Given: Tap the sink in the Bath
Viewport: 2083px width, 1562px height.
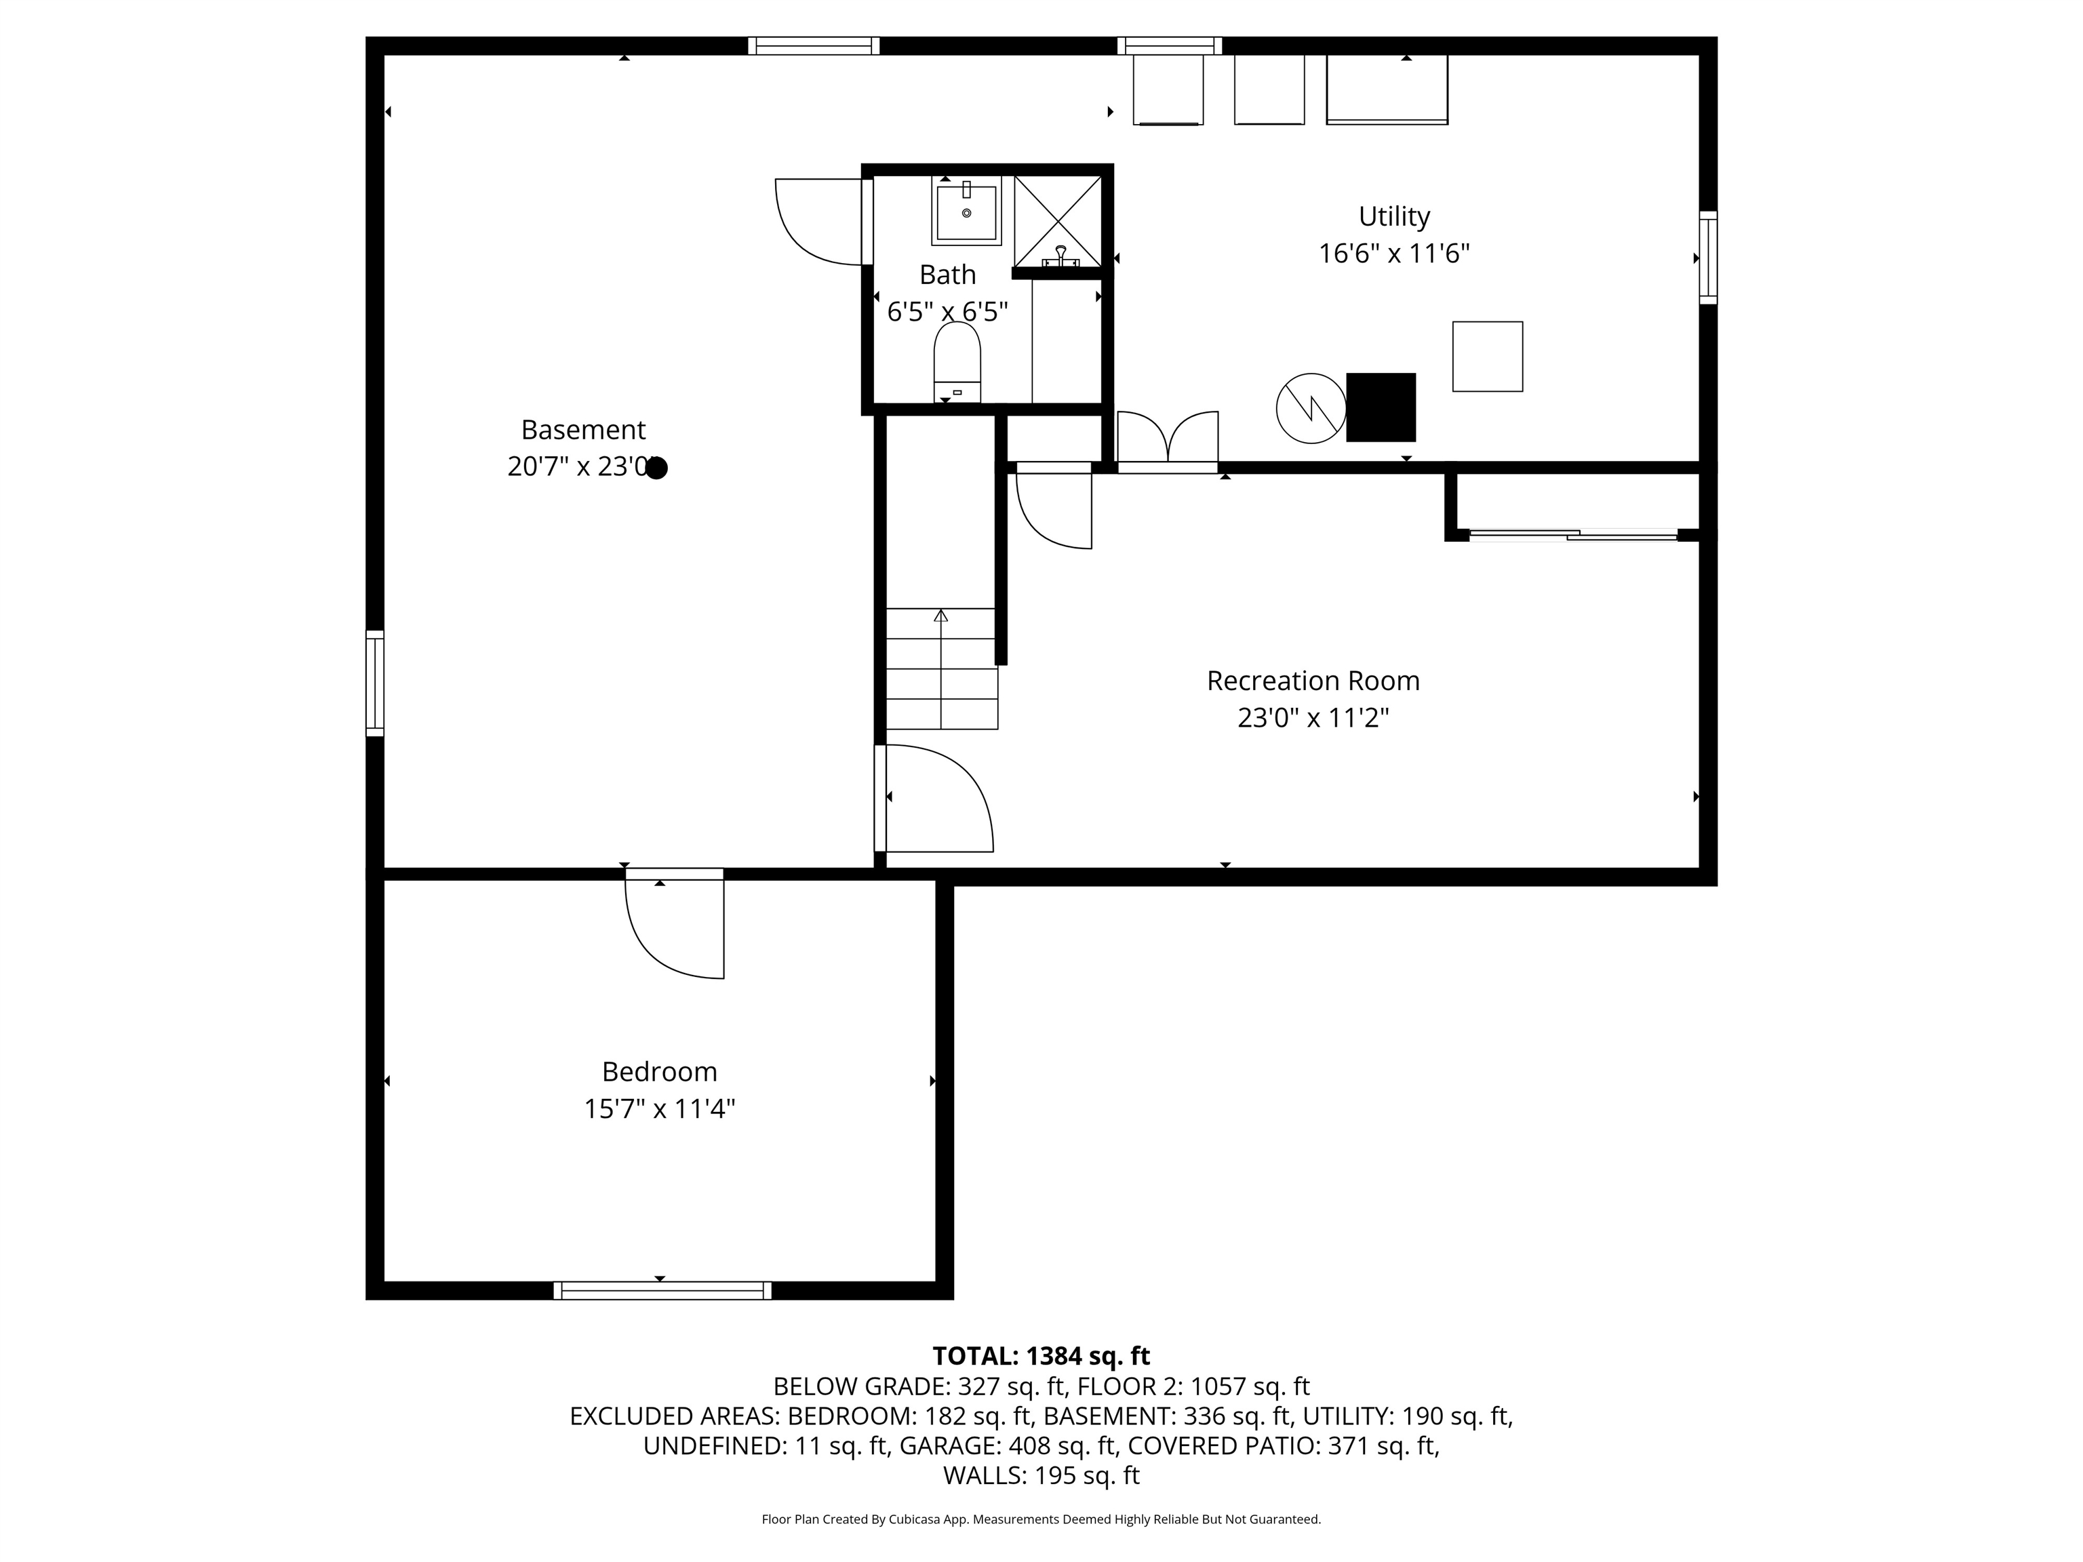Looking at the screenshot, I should (x=966, y=212).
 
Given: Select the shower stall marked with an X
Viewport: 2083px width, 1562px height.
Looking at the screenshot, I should (x=1058, y=220).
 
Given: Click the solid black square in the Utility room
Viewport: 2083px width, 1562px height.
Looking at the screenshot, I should (x=1381, y=407).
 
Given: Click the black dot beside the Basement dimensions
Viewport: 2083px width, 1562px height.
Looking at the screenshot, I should (x=656, y=468).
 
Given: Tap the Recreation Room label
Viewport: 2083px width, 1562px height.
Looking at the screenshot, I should (x=1313, y=681).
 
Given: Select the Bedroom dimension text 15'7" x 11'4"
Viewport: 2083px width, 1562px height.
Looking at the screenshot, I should (x=659, y=1109).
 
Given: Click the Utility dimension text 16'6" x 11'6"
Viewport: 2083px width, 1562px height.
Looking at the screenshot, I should (x=1393, y=254).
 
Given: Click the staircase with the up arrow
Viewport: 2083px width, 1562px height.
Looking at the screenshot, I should (x=940, y=668).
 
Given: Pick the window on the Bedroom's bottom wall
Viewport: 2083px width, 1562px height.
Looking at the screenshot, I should (x=662, y=1290).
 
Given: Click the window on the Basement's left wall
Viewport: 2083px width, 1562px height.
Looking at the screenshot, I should (x=375, y=683).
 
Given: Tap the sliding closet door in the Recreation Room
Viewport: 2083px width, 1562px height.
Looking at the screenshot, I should (x=1572, y=536).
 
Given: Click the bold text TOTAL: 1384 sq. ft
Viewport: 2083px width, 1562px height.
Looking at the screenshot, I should (x=1041, y=1356).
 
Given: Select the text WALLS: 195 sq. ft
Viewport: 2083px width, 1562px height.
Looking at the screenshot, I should (x=1041, y=1475).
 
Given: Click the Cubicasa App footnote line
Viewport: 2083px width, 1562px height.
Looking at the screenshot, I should (x=1041, y=1519).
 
